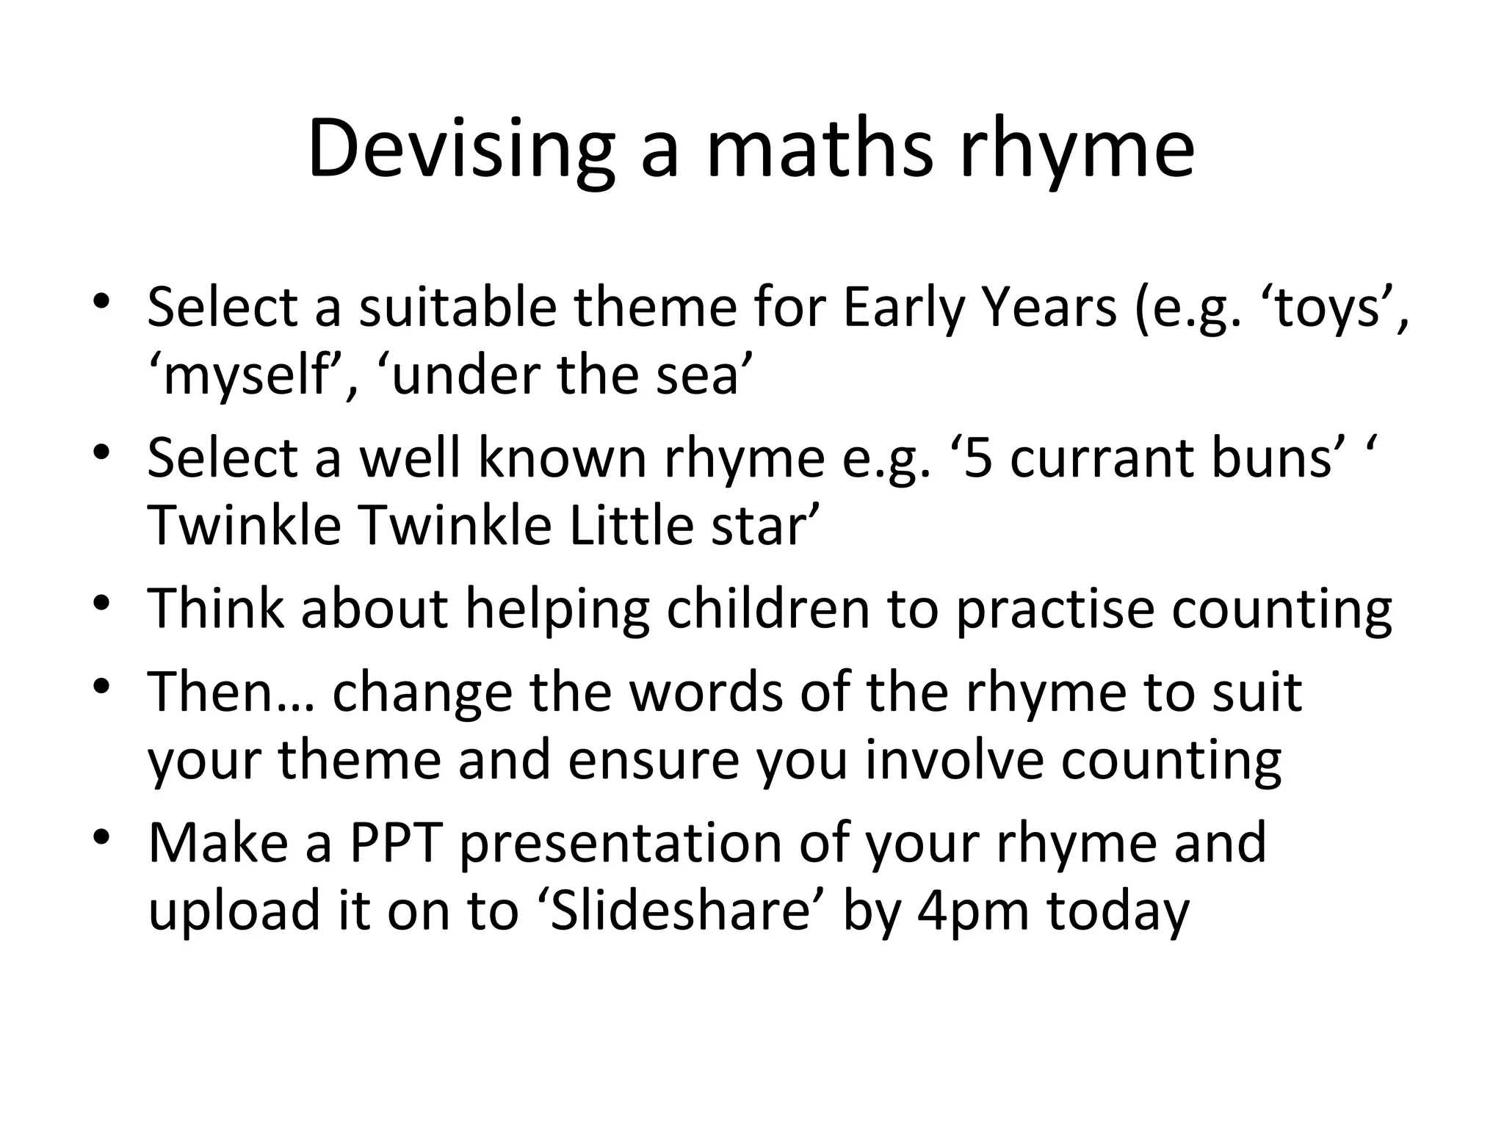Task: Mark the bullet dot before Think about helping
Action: [102, 604]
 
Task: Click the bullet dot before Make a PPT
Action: [102, 836]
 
